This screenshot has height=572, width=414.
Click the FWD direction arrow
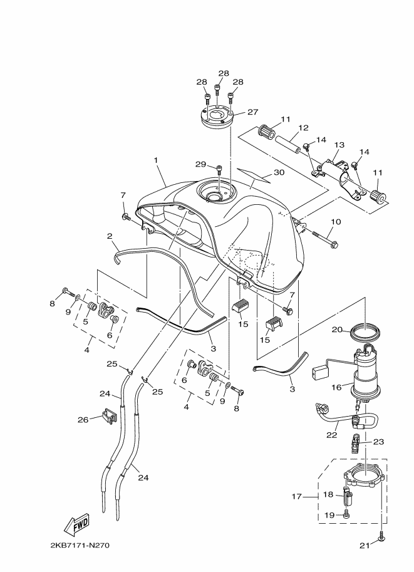click(x=76, y=525)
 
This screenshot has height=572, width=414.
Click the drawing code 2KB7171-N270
click(x=80, y=545)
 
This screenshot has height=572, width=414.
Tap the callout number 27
click(x=253, y=112)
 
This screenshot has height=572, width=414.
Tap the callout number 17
click(x=296, y=496)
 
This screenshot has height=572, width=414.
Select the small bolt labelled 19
click(x=346, y=514)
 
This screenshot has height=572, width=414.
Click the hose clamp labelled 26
click(x=108, y=416)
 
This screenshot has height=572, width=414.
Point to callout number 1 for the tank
click(x=156, y=160)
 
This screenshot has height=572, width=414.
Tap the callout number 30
click(x=279, y=172)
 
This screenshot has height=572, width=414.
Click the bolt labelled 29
click(x=219, y=169)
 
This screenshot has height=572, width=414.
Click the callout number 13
click(x=339, y=145)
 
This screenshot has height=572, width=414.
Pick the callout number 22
click(x=332, y=435)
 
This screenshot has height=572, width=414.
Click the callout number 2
click(x=110, y=236)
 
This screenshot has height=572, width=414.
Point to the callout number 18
click(x=328, y=495)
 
